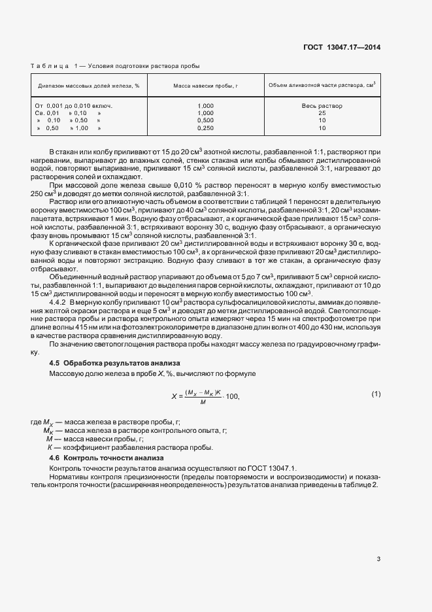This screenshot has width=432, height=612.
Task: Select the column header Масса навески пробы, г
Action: click(205, 86)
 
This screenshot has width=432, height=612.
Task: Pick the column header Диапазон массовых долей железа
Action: click(89, 86)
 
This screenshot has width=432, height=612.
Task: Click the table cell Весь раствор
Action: click(322, 105)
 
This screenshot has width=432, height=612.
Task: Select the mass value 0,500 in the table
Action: click(205, 120)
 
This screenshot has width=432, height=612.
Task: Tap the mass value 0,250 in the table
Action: click(205, 128)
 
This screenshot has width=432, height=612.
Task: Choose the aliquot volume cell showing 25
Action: click(322, 113)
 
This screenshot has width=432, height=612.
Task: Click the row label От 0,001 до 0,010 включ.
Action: click(75, 105)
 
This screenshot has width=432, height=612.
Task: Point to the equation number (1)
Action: click(376, 394)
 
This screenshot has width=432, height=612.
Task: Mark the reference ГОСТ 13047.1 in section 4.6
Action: click(276, 468)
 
